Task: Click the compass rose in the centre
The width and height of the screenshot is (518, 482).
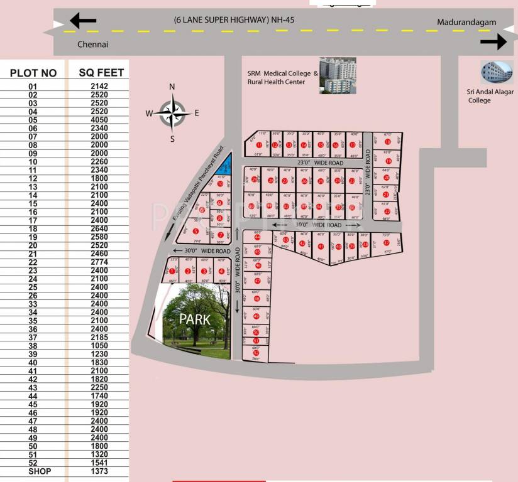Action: click(x=173, y=113)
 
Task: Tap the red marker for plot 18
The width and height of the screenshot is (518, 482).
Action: click(x=388, y=142)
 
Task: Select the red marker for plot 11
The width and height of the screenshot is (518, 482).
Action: click(x=259, y=144)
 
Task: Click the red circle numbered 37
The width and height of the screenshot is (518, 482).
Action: click(x=386, y=243)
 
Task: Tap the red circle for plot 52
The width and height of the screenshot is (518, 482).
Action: click(x=256, y=353)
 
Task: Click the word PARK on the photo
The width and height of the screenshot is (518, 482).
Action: click(x=195, y=319)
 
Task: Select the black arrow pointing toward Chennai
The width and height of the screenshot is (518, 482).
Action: click(x=83, y=21)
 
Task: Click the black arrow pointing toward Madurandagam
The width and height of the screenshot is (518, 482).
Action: click(x=493, y=42)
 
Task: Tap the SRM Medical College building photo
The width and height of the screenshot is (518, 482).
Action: click(x=338, y=75)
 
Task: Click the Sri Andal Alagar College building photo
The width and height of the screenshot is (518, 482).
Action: click(x=497, y=73)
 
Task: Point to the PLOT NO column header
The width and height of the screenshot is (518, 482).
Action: click(x=33, y=73)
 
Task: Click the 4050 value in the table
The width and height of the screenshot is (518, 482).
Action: click(x=99, y=120)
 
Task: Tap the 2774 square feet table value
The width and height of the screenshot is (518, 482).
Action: click(x=99, y=262)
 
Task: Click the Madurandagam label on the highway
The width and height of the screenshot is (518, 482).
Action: click(x=466, y=23)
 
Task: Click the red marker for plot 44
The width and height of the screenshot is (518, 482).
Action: click(x=256, y=237)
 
